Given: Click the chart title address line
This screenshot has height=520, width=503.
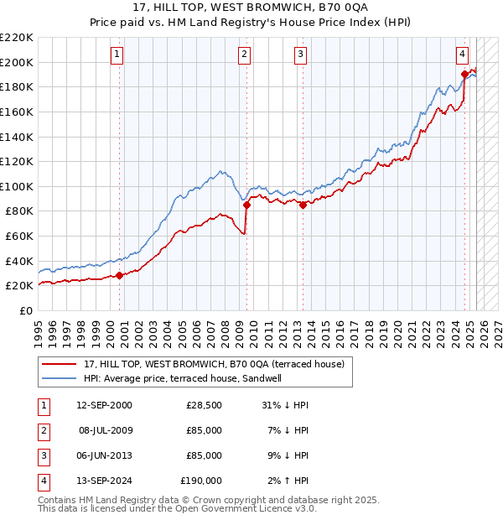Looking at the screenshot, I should pyautogui.click(x=251, y=10).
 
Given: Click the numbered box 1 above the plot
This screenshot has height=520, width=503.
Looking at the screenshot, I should pyautogui.click(x=117, y=55).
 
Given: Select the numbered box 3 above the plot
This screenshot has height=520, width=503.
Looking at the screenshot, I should pyautogui.click(x=300, y=55).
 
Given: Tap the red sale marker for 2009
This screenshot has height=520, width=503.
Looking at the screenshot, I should pyautogui.click(x=246, y=204).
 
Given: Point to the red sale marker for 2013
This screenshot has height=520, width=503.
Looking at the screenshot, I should pyautogui.click(x=303, y=204).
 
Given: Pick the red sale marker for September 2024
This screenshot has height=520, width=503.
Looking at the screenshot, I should pyautogui.click(x=464, y=74).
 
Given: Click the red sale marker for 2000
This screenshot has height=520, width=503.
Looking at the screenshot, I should pyautogui.click(x=119, y=274).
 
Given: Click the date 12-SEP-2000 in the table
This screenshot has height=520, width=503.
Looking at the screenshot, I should pyautogui.click(x=104, y=405).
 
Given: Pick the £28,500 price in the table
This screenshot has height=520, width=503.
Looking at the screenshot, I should pyautogui.click(x=205, y=405).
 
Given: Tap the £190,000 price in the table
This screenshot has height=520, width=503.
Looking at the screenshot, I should pyautogui.click(x=201, y=481).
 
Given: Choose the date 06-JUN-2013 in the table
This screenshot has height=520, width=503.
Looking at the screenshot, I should pyautogui.click(x=104, y=455).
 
